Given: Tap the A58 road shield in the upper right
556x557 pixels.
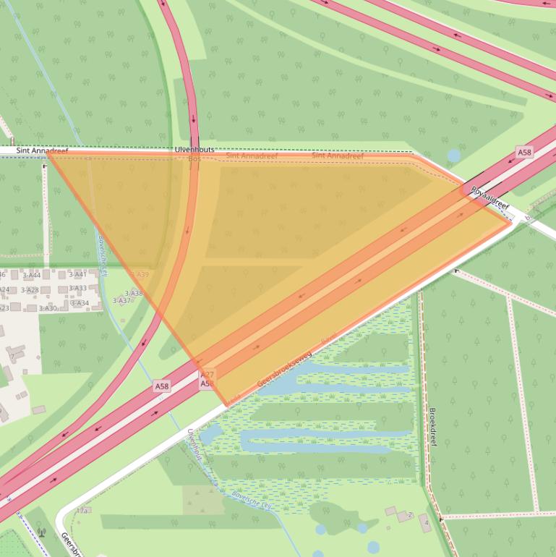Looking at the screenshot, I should [524, 152].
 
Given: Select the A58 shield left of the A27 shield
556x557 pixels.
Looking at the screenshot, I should [161, 387].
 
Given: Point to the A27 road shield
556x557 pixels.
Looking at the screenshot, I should [208, 374].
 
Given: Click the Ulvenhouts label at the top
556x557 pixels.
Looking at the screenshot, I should [194, 149].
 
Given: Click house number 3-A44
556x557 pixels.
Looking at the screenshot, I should [32, 275].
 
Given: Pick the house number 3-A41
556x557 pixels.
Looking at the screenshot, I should [77, 274].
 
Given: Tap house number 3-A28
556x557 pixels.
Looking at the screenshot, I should [30, 290].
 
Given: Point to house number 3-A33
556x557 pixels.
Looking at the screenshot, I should [77, 289].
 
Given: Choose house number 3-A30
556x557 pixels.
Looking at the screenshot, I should [48, 308].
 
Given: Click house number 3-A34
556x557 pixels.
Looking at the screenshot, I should [80, 303].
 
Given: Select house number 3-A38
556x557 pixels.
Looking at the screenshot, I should [134, 293].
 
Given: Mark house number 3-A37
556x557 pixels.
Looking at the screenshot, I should [121, 300].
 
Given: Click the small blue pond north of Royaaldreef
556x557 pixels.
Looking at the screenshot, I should [454, 156].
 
